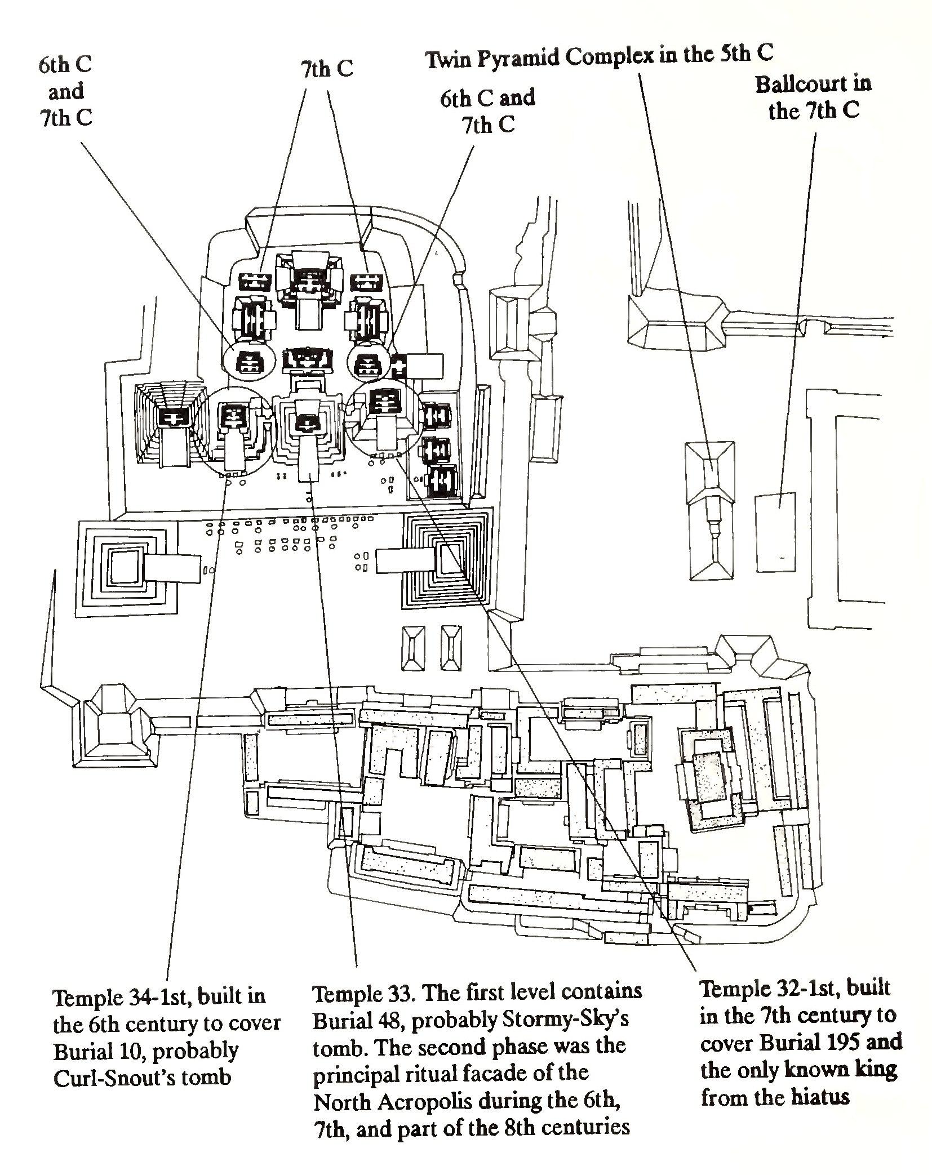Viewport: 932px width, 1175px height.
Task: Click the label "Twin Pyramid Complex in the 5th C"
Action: (599, 57)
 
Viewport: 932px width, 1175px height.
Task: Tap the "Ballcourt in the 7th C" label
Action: (813, 97)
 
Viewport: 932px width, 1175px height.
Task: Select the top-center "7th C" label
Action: (326, 69)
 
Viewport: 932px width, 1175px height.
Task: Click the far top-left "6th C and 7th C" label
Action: (65, 91)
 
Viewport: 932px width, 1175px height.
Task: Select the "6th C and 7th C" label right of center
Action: (488, 111)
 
